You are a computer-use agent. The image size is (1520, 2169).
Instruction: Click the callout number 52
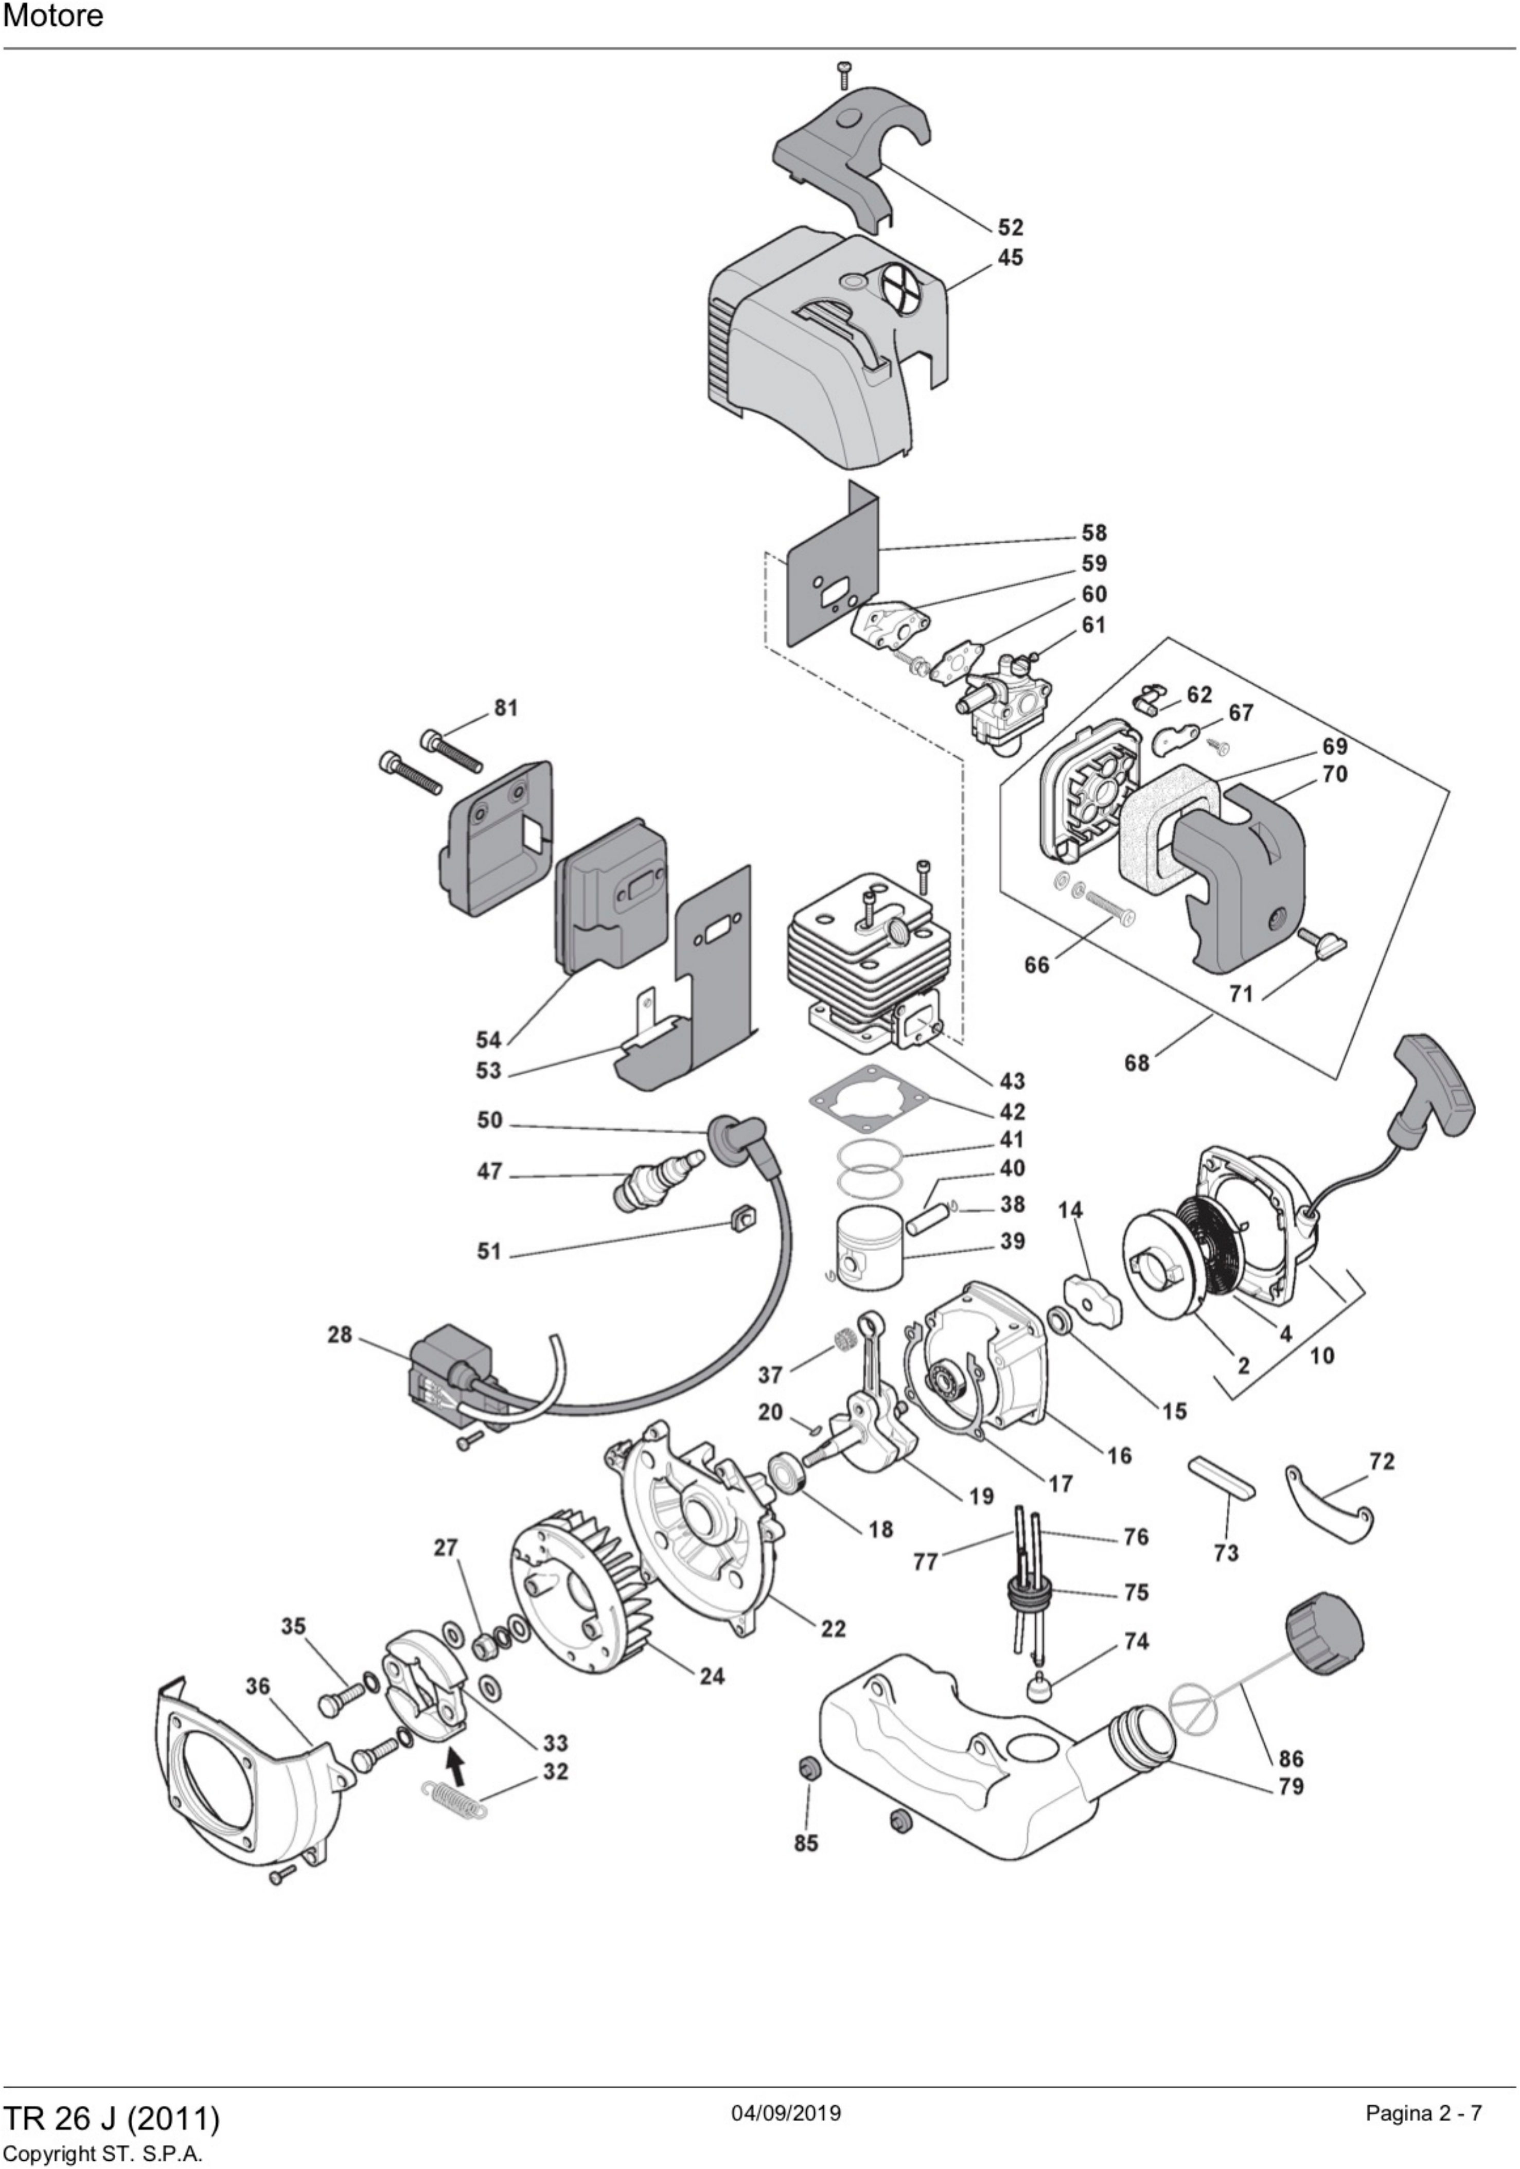coord(1010,228)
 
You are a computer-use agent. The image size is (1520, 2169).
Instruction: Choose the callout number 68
coord(1137,1063)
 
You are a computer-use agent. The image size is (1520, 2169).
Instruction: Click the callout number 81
coord(506,707)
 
